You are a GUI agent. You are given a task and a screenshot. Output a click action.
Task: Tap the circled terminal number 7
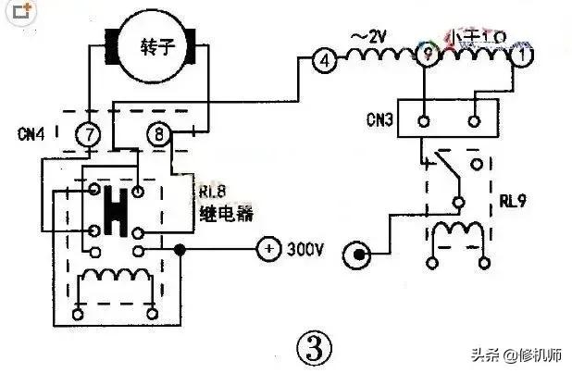pyautogui.click(x=89, y=136)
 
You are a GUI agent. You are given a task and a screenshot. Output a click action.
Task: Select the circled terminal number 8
pyautogui.click(x=159, y=136)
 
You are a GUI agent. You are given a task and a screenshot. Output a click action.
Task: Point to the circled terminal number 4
pyautogui.click(x=323, y=60)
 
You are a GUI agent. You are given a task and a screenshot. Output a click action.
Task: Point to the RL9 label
pyautogui.click(x=514, y=198)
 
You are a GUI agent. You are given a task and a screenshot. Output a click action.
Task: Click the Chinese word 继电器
pyautogui.click(x=226, y=214)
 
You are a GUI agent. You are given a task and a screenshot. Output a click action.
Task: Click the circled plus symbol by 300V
pyautogui.click(x=267, y=250)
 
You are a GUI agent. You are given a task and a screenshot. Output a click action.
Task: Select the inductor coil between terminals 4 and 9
pyautogui.click(x=375, y=56)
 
